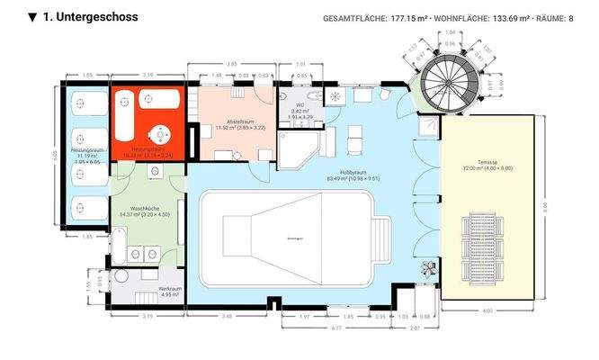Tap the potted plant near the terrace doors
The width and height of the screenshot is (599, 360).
[428, 266]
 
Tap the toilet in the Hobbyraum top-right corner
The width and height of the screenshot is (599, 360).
[385, 94]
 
